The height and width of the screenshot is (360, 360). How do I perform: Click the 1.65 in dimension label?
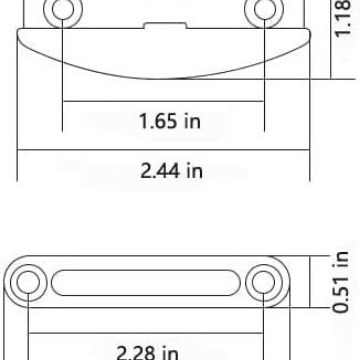[x=165, y=122]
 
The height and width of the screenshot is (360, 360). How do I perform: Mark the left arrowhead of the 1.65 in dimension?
[x=67, y=103]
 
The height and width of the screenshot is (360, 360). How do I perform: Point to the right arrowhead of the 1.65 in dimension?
[x=263, y=103]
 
